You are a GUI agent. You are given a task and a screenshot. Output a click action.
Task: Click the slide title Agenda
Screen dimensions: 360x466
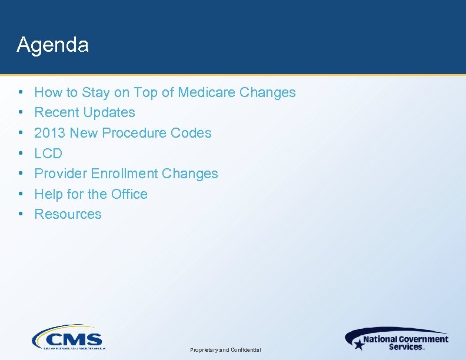click(53, 45)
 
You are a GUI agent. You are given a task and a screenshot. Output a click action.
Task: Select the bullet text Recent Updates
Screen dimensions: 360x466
click(85, 112)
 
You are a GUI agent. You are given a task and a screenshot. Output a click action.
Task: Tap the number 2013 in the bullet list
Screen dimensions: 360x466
click(50, 133)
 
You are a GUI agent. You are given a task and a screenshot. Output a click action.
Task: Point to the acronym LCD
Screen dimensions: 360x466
click(48, 154)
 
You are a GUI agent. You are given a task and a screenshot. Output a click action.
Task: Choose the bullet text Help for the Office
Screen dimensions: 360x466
click(91, 194)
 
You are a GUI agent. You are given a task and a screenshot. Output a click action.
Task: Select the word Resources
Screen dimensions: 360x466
click(68, 214)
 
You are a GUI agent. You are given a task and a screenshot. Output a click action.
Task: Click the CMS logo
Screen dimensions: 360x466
click(67, 338)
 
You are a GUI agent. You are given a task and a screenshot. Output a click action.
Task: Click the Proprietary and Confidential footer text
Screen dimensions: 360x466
click(225, 350)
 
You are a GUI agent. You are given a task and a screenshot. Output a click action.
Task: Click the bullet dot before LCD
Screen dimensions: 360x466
click(21, 154)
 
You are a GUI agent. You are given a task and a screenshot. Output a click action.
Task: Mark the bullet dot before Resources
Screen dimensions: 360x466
click(21, 214)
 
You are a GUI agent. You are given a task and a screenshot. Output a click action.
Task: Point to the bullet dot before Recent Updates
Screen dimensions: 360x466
click(21, 112)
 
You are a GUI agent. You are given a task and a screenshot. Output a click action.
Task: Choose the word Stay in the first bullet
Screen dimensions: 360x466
click(95, 92)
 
